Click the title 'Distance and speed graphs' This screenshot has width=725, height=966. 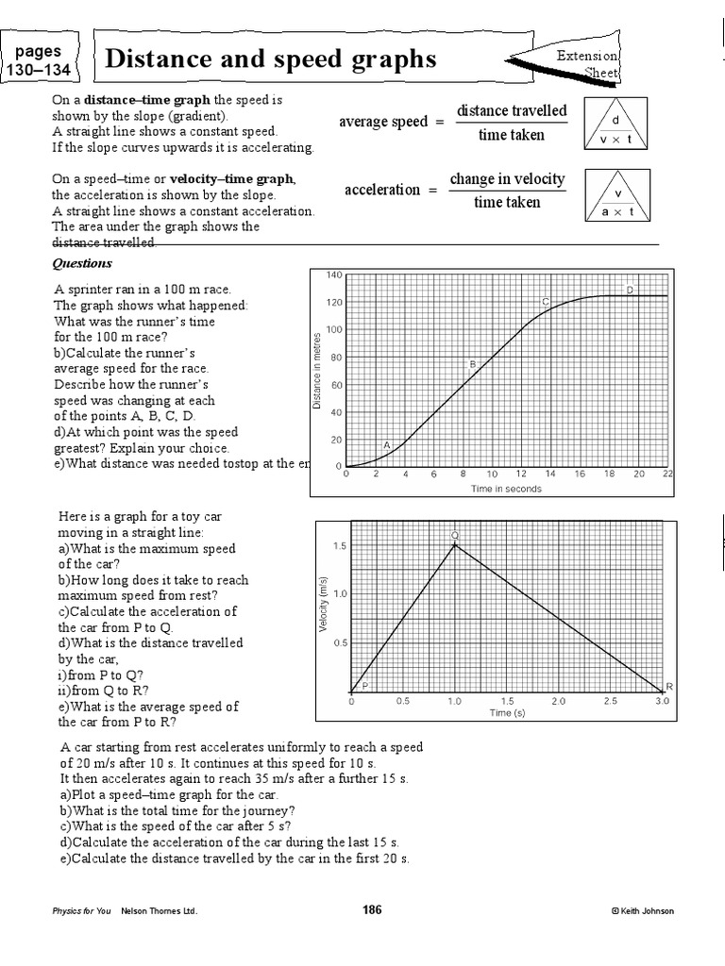click(x=272, y=59)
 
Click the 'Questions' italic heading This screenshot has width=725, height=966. click(x=82, y=263)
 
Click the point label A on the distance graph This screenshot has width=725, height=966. click(x=386, y=443)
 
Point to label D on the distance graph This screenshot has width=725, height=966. click(x=630, y=290)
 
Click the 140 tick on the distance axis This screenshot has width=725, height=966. click(x=331, y=275)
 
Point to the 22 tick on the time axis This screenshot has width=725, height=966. click(x=668, y=475)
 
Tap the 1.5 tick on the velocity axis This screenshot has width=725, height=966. click(x=339, y=545)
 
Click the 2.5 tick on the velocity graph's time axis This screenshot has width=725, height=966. click(x=610, y=702)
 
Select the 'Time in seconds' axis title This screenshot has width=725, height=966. click(x=508, y=489)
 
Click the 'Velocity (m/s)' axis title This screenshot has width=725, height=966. click(x=322, y=605)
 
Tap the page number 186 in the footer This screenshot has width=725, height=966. click(x=372, y=910)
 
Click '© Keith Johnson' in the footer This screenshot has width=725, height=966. click(x=642, y=911)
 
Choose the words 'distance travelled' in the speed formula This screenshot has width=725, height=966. click(x=512, y=111)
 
